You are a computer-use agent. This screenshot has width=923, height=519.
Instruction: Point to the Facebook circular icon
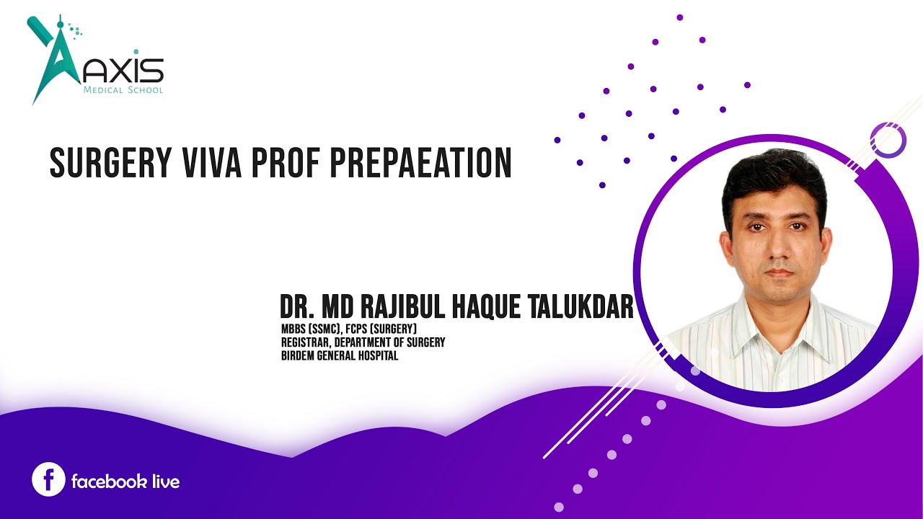(x=48, y=480)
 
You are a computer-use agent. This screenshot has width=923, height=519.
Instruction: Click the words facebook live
(x=125, y=482)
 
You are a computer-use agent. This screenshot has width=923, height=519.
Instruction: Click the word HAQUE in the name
(x=483, y=308)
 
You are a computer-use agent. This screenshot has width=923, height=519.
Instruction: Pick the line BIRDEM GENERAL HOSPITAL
(x=340, y=355)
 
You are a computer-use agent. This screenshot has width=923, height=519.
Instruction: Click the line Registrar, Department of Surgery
(x=363, y=342)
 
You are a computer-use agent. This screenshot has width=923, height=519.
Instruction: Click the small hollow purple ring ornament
(x=888, y=140)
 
